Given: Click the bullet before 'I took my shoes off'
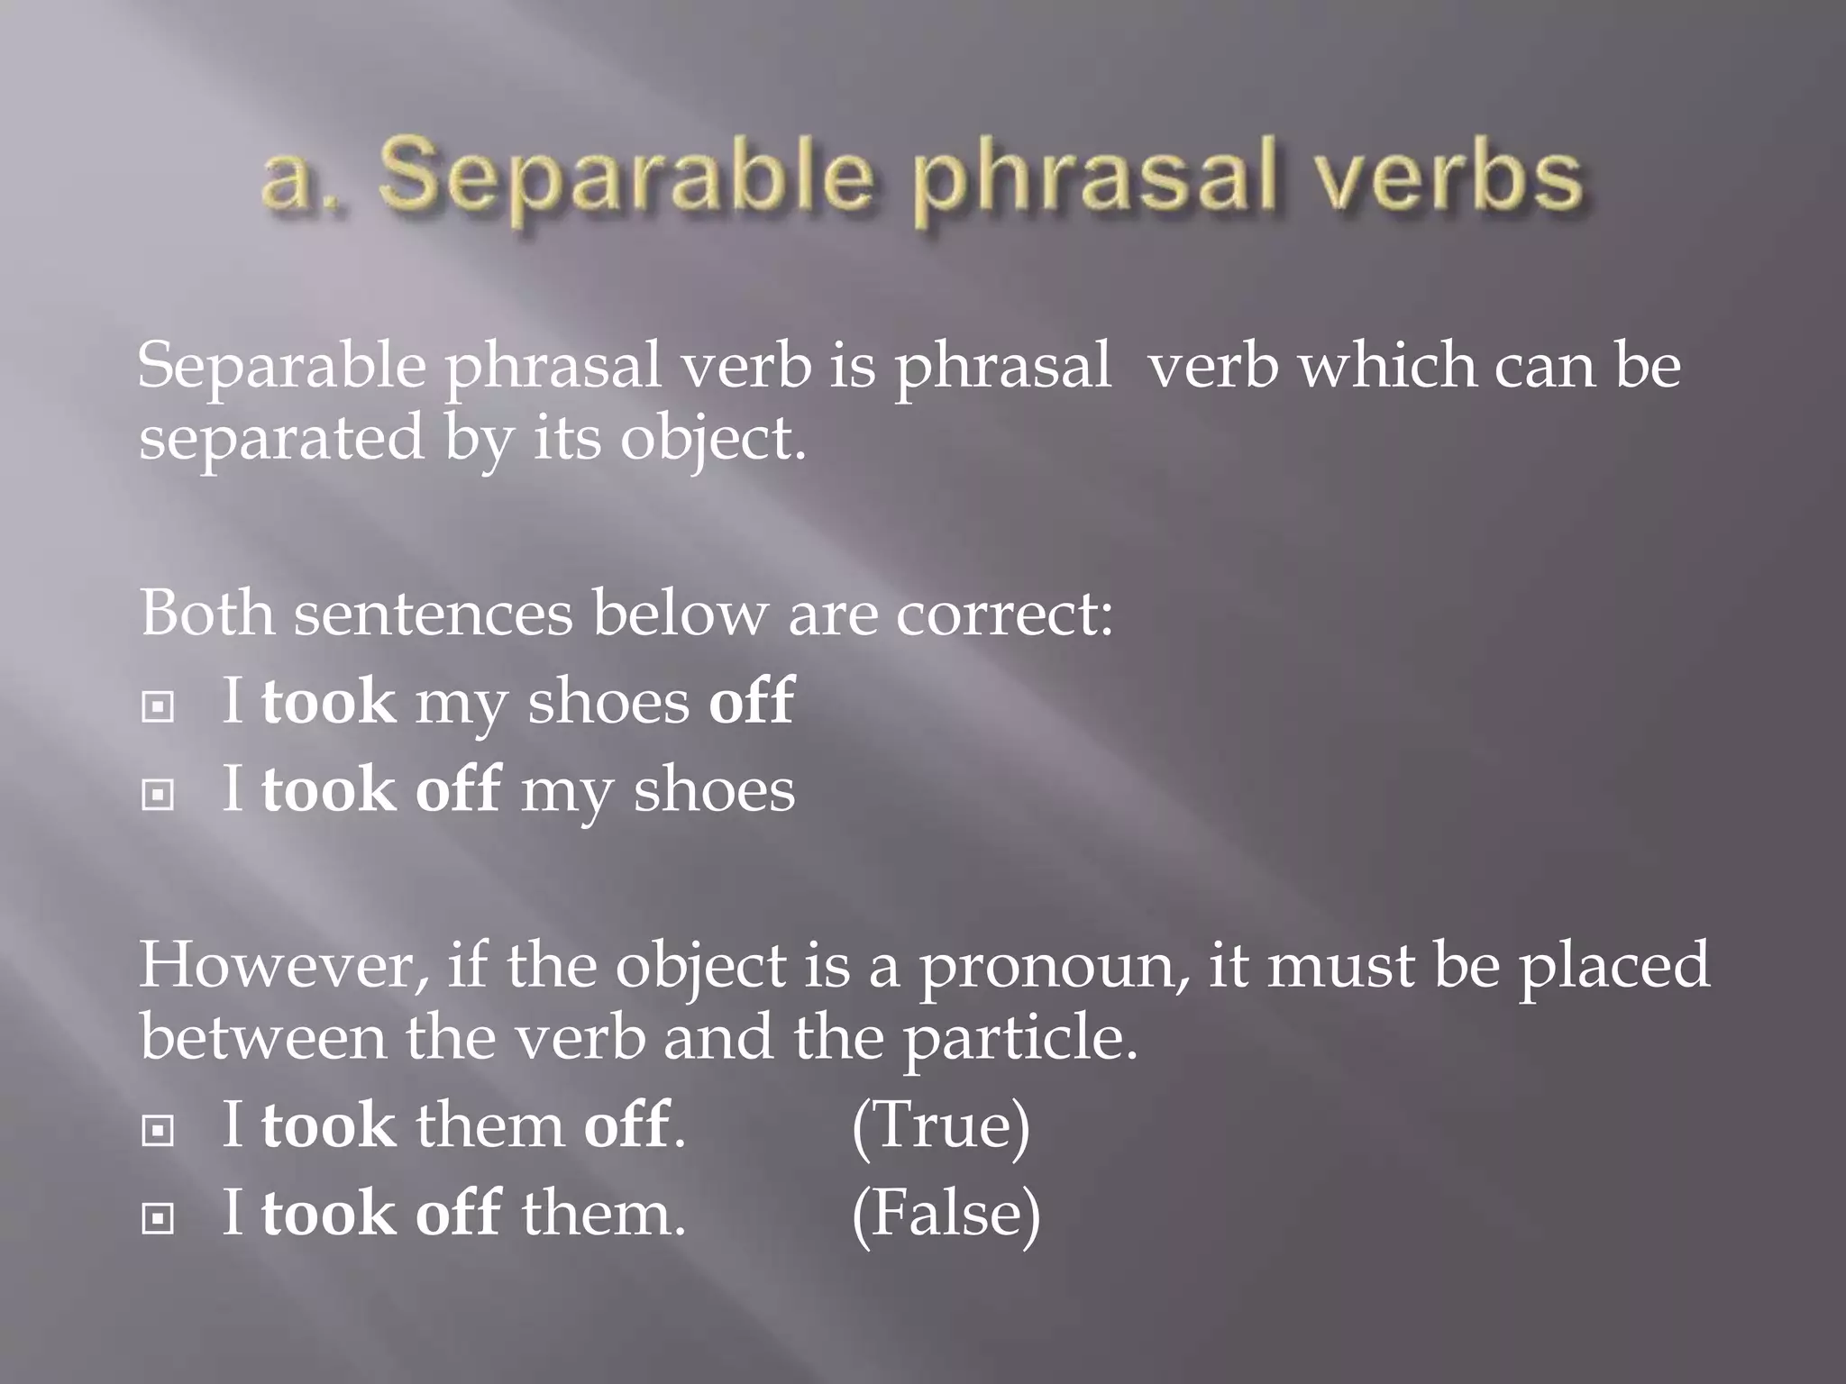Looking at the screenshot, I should [158, 706].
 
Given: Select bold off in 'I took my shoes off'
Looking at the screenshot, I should [751, 701].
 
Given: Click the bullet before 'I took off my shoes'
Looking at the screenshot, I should [158, 794].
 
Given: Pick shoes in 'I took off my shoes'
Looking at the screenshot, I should [714, 790].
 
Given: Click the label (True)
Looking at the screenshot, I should [940, 1125].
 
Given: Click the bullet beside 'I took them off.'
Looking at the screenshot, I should [158, 1130].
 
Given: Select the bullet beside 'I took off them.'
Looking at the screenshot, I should [158, 1218].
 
